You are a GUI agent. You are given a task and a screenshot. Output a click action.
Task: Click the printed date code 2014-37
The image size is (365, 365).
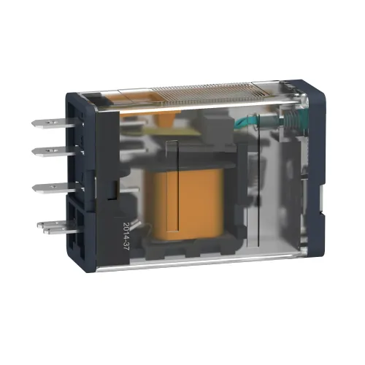[126, 237]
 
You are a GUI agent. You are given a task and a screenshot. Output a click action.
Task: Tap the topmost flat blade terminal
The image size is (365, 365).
[57, 123]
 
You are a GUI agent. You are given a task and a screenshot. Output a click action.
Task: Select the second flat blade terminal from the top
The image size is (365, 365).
[58, 151]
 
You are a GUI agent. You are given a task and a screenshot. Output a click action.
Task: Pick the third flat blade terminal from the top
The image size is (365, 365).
[58, 188]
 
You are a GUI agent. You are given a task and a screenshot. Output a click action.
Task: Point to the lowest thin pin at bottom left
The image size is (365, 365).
[61, 231]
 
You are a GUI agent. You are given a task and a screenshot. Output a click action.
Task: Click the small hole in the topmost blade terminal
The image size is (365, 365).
[50, 122]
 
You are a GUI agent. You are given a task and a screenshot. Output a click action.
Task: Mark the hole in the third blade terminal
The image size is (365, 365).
[51, 187]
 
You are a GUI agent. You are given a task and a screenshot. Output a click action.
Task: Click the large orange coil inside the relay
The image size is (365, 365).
[185, 204]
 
